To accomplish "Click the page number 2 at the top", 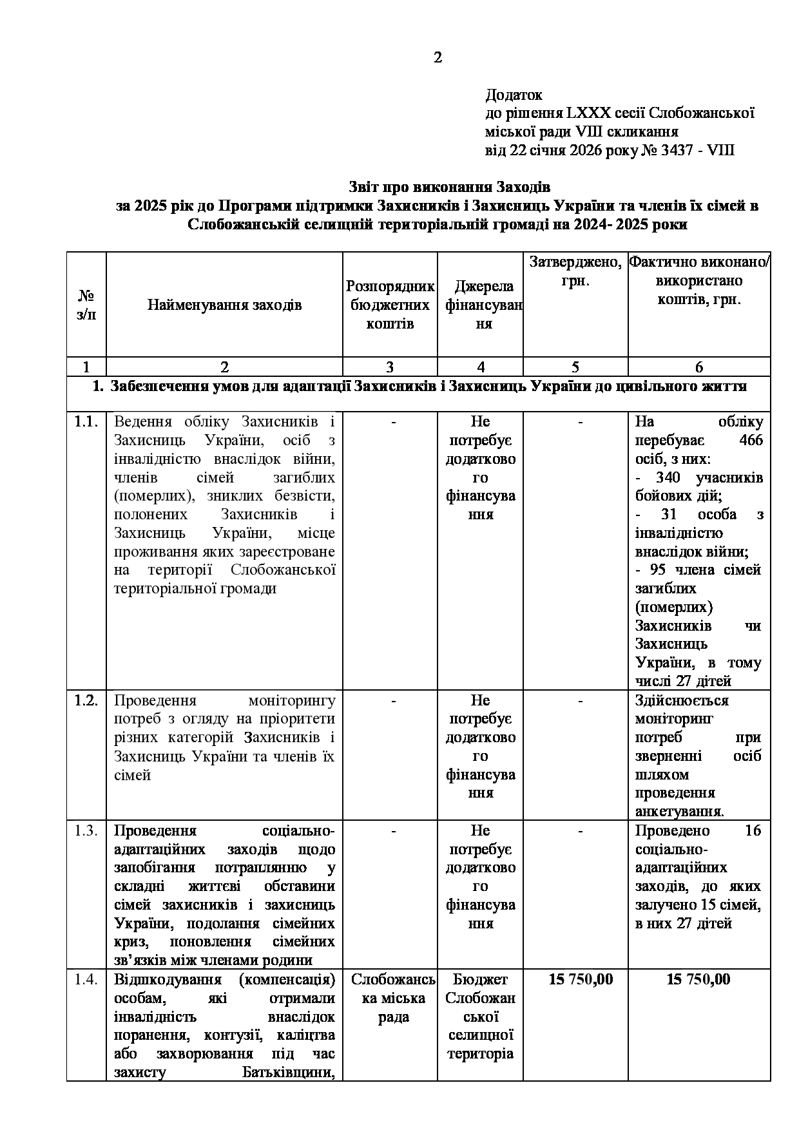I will click(438, 58).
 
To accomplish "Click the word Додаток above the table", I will click(514, 95).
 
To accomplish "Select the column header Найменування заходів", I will click(224, 305).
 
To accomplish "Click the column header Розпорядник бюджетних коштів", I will click(390, 305).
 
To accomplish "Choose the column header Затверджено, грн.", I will click(575, 271).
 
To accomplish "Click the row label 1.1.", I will click(86, 422).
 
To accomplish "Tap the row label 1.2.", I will click(86, 700).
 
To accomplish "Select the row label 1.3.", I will click(86, 830).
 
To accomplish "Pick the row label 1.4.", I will click(86, 980).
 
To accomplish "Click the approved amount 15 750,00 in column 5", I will click(581, 980).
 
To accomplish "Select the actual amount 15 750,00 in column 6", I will click(698, 980).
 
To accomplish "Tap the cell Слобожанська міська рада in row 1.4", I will click(392, 999).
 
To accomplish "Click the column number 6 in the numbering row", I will click(699, 367).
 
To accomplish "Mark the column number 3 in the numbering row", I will click(390, 367).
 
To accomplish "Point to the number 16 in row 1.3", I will click(753, 831).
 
